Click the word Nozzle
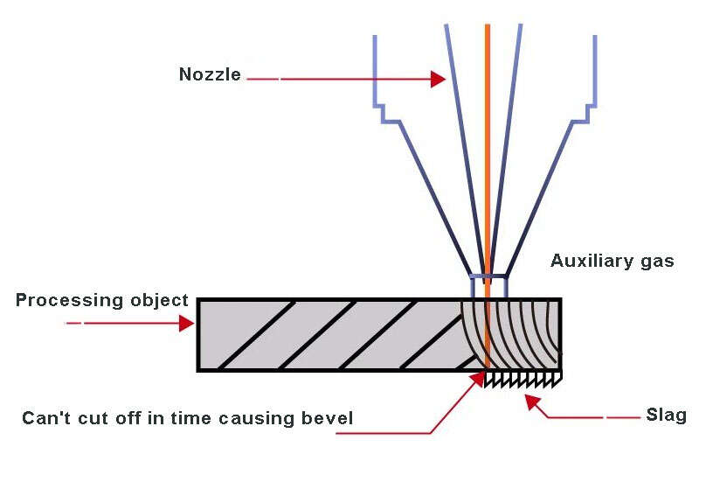(x=210, y=74)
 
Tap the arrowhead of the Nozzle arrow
(x=440, y=80)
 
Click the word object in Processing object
(x=160, y=301)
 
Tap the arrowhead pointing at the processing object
(x=187, y=323)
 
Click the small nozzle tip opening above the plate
(x=488, y=286)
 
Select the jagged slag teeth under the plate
(x=524, y=379)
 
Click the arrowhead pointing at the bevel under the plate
(x=479, y=377)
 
